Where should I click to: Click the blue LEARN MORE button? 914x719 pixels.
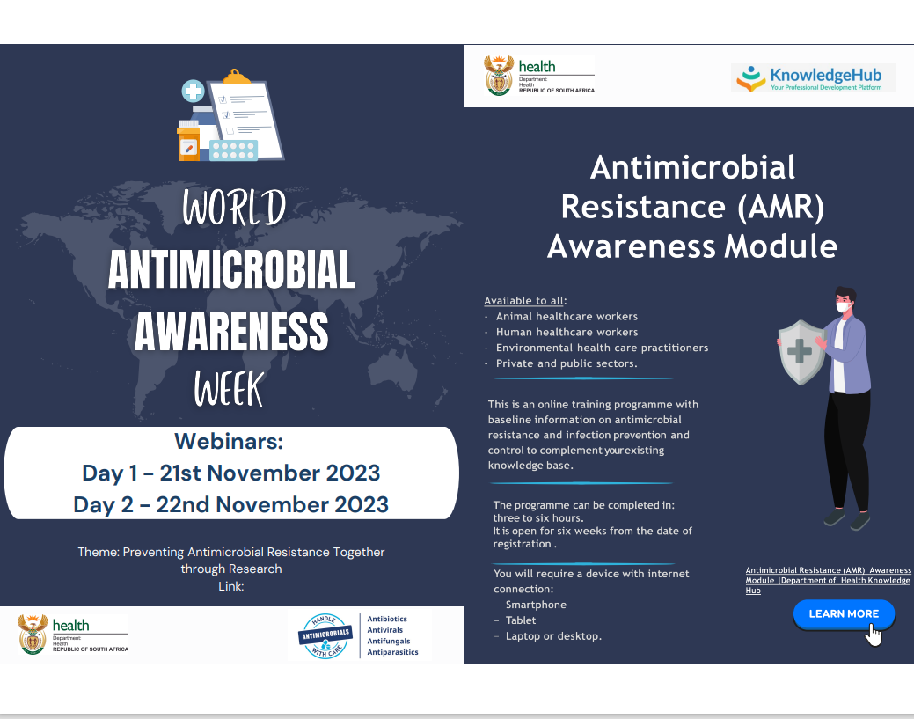point(844,614)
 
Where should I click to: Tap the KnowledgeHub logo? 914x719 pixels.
point(813,78)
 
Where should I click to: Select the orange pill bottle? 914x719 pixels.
point(188,141)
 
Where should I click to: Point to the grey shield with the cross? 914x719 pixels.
point(801,352)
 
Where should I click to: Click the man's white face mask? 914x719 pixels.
point(844,307)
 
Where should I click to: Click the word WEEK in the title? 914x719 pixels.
point(229,389)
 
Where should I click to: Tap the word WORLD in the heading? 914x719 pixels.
point(234,207)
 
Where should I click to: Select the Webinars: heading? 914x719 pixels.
point(229,442)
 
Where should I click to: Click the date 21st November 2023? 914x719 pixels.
point(270,473)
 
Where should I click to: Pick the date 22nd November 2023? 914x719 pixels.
point(272,505)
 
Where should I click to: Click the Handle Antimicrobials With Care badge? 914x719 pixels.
point(325,635)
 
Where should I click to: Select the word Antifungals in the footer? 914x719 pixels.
point(389,641)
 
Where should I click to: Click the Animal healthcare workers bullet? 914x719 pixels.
point(567,317)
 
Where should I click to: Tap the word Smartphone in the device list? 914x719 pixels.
point(536,605)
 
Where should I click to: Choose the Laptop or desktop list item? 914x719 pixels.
point(553,636)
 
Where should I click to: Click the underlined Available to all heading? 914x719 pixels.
point(524,301)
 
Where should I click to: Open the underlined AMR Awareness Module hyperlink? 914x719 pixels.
point(829,580)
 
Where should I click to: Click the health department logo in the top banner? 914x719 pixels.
point(539,76)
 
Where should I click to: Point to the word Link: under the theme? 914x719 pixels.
point(230,587)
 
